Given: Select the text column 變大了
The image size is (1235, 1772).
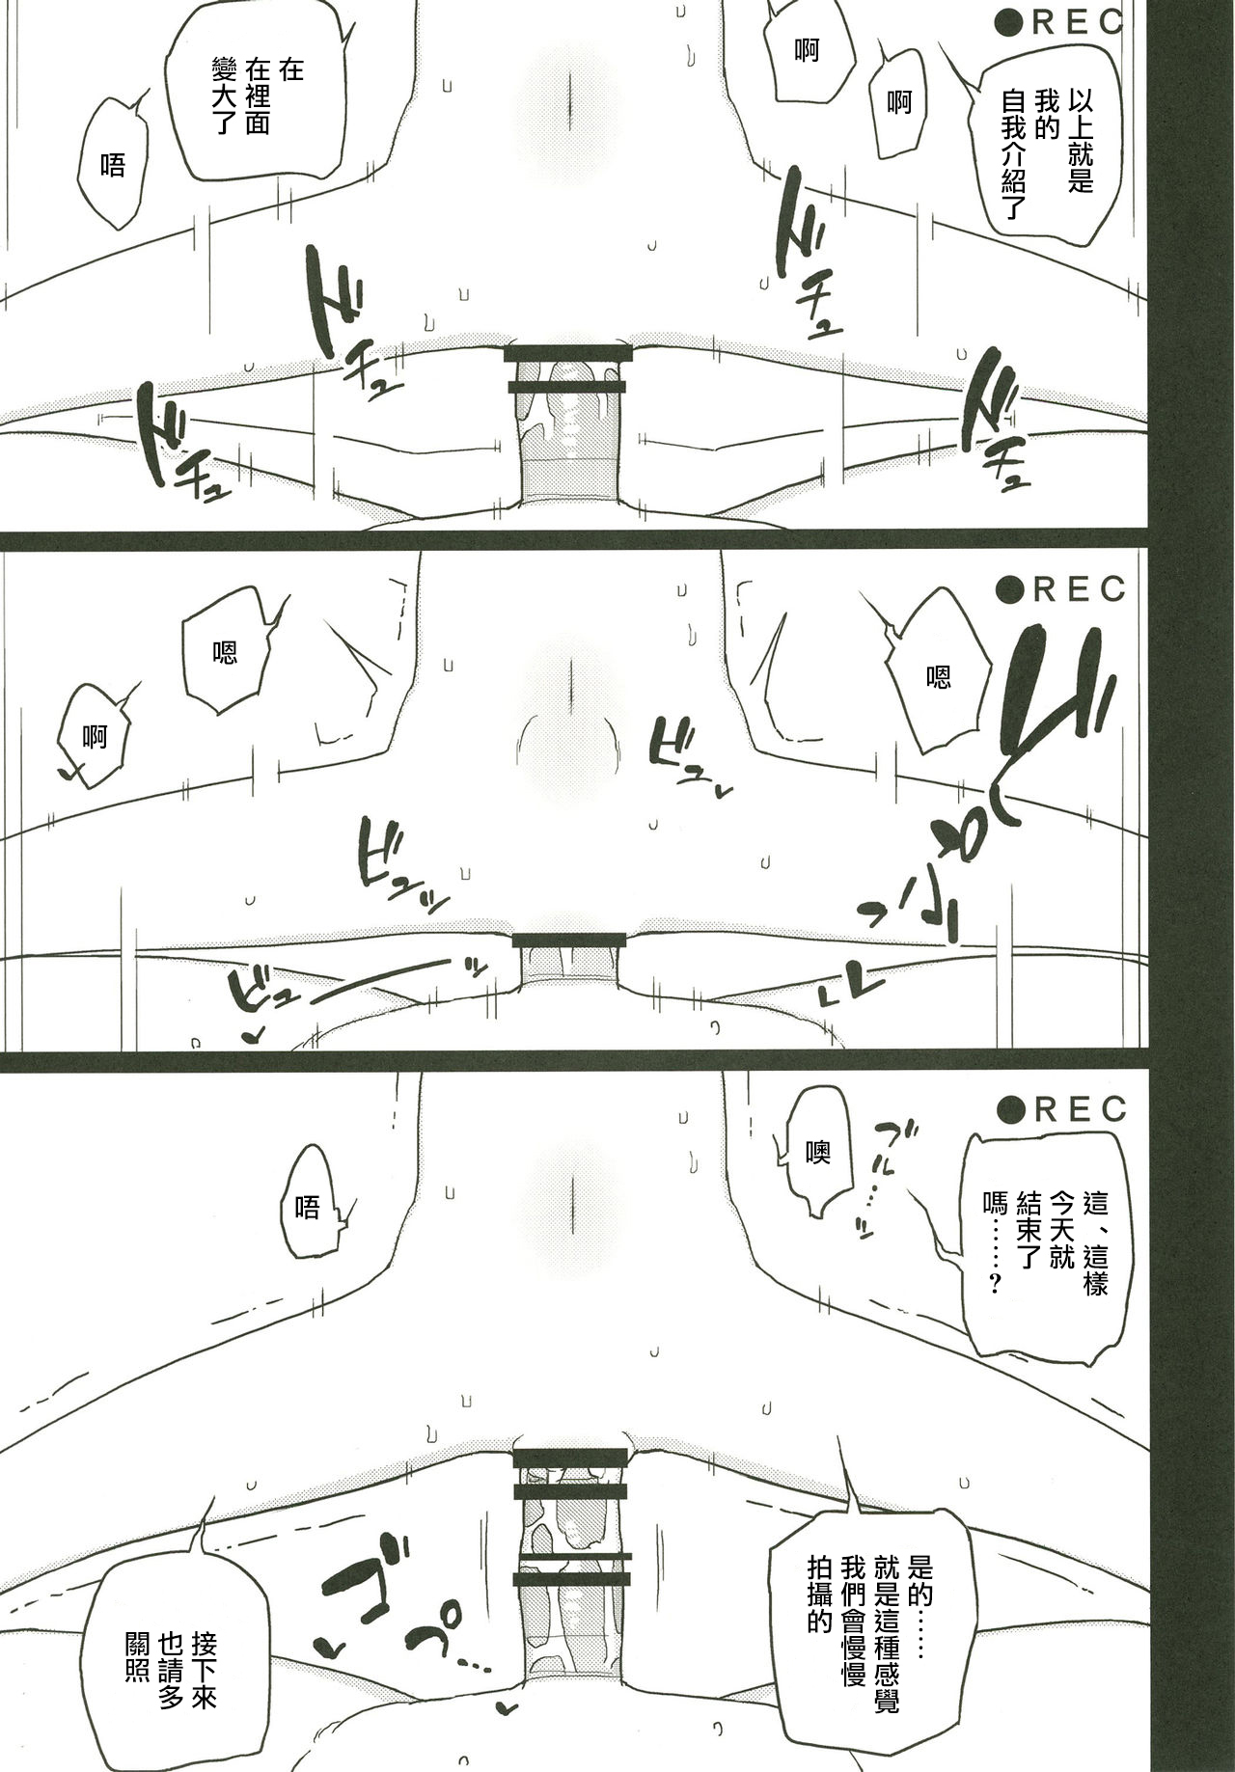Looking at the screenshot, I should point(224,108).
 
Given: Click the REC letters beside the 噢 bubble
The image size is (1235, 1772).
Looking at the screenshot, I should point(1080,1110).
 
